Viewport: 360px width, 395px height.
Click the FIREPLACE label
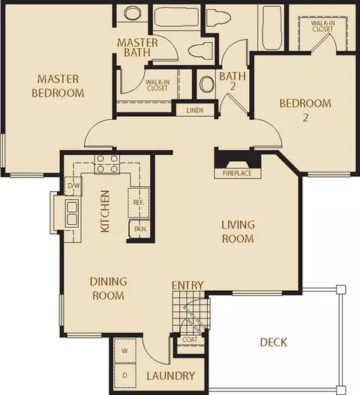(x=237, y=173)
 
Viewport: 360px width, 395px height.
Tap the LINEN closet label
(x=195, y=110)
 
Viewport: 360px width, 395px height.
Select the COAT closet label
(x=190, y=340)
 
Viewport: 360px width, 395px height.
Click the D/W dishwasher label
(x=73, y=186)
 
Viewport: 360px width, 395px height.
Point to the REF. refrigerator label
(x=139, y=202)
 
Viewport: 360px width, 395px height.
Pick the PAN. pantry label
(x=141, y=229)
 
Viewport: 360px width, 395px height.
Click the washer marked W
(x=125, y=351)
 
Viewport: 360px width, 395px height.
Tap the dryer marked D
(x=125, y=376)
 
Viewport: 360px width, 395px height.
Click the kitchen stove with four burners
(x=107, y=163)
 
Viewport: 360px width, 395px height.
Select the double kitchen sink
(x=72, y=212)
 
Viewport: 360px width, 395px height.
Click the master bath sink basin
(x=133, y=13)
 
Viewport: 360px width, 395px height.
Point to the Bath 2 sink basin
(x=207, y=84)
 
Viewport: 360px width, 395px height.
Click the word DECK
(x=274, y=343)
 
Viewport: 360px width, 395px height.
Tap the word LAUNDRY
(x=171, y=376)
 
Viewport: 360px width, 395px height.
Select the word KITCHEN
(x=105, y=211)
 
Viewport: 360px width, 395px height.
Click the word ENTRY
(x=187, y=286)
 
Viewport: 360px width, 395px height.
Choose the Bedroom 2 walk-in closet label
(x=322, y=26)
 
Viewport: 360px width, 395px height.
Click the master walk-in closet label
(x=157, y=85)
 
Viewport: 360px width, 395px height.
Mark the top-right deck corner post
(x=340, y=289)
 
